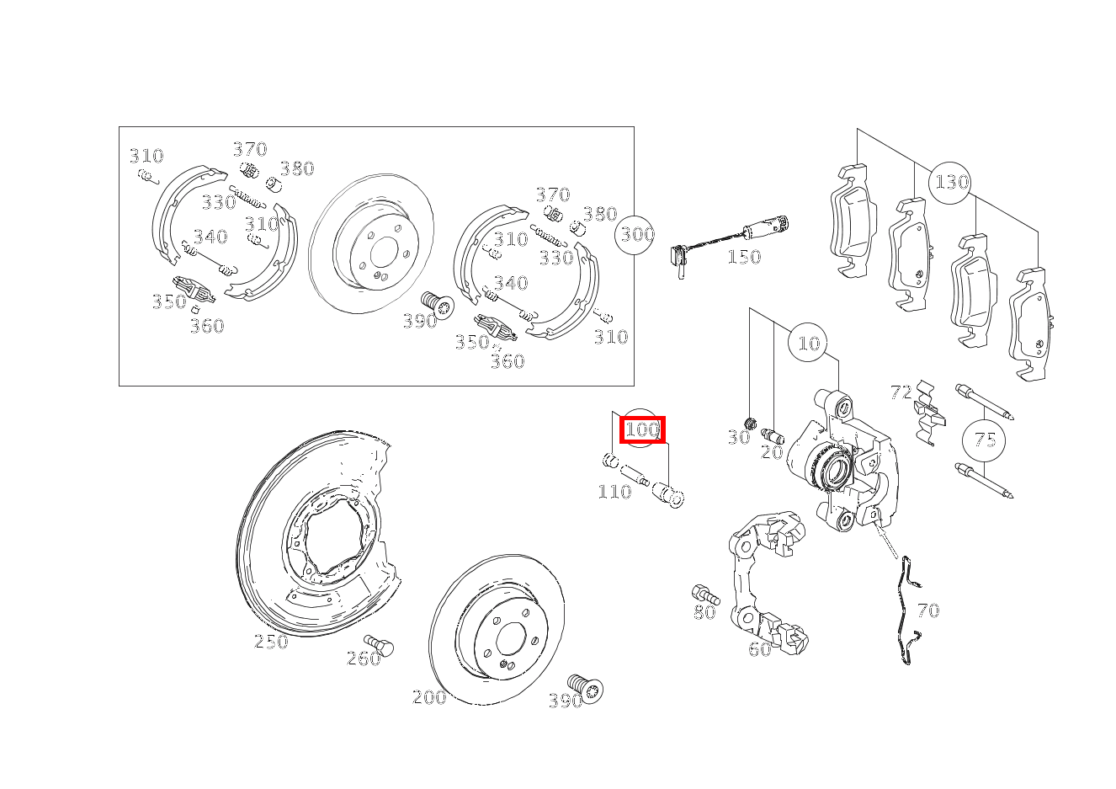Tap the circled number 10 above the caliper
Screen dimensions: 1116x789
tap(809, 343)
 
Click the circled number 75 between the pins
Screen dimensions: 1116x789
tap(985, 440)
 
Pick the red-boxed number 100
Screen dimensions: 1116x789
tap(642, 429)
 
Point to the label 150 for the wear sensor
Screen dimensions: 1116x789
tap(744, 257)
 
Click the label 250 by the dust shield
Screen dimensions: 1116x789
tap(271, 641)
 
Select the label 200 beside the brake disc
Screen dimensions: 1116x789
tap(429, 696)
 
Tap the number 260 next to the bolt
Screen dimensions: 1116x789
tap(364, 659)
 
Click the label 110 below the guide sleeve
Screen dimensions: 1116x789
tap(614, 492)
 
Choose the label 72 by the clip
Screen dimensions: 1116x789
tap(901, 392)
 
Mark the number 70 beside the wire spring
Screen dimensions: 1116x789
tap(928, 610)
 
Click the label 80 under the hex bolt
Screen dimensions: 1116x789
tap(704, 612)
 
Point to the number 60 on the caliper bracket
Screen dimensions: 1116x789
tap(760, 649)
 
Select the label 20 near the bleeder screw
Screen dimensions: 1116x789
tap(772, 452)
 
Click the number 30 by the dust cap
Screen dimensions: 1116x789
tap(739, 438)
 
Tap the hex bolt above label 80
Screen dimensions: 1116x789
tap(705, 594)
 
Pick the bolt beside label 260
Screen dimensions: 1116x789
tap(379, 645)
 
